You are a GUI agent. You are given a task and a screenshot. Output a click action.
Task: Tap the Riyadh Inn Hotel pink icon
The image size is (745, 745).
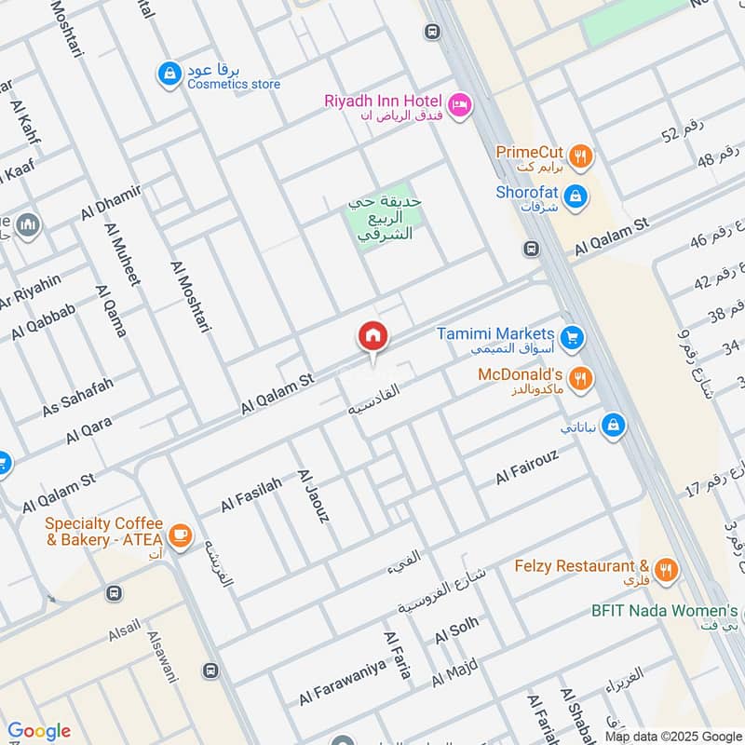coord(459,106)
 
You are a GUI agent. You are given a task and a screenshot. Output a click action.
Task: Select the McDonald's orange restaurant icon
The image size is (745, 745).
coord(580,377)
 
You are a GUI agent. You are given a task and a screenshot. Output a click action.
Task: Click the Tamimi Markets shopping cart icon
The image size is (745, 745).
coord(572,336)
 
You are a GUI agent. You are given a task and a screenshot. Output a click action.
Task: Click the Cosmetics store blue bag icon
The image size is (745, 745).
coord(169,74)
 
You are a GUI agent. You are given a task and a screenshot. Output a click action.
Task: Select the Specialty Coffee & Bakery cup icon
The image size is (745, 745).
coord(180,535)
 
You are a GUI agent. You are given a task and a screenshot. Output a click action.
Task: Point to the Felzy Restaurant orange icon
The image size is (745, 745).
coord(665,570)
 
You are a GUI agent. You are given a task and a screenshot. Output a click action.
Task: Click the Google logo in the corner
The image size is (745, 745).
coord(39,731)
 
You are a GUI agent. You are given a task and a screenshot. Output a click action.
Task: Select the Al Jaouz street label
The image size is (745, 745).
coord(313,495)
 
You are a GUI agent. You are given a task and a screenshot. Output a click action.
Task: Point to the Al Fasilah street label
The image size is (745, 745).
coord(251,495)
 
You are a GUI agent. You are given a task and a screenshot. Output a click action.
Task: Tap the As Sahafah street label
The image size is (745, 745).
coord(77,398)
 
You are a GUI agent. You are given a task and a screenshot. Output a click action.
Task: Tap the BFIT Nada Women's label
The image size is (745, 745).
coord(664,611)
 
